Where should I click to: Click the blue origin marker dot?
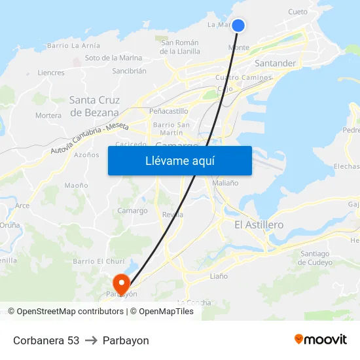(x=238, y=26)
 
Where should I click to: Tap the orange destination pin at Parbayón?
(x=122, y=283)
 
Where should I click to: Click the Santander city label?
(x=275, y=63)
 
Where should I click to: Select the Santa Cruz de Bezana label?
(x=94, y=106)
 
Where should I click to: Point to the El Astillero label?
(x=259, y=225)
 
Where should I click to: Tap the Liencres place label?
(x=51, y=73)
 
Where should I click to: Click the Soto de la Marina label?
(x=113, y=58)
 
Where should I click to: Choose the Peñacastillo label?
(x=168, y=111)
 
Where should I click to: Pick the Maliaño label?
(x=225, y=183)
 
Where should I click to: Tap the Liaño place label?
(x=219, y=276)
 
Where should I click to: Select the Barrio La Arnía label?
(x=74, y=46)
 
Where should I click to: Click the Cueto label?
(x=298, y=12)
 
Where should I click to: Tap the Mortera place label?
(x=48, y=116)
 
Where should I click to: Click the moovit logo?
(x=320, y=339)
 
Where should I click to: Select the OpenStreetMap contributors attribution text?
(x=70, y=312)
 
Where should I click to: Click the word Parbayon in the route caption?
(x=126, y=340)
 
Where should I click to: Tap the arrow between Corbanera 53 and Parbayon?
(x=91, y=340)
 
